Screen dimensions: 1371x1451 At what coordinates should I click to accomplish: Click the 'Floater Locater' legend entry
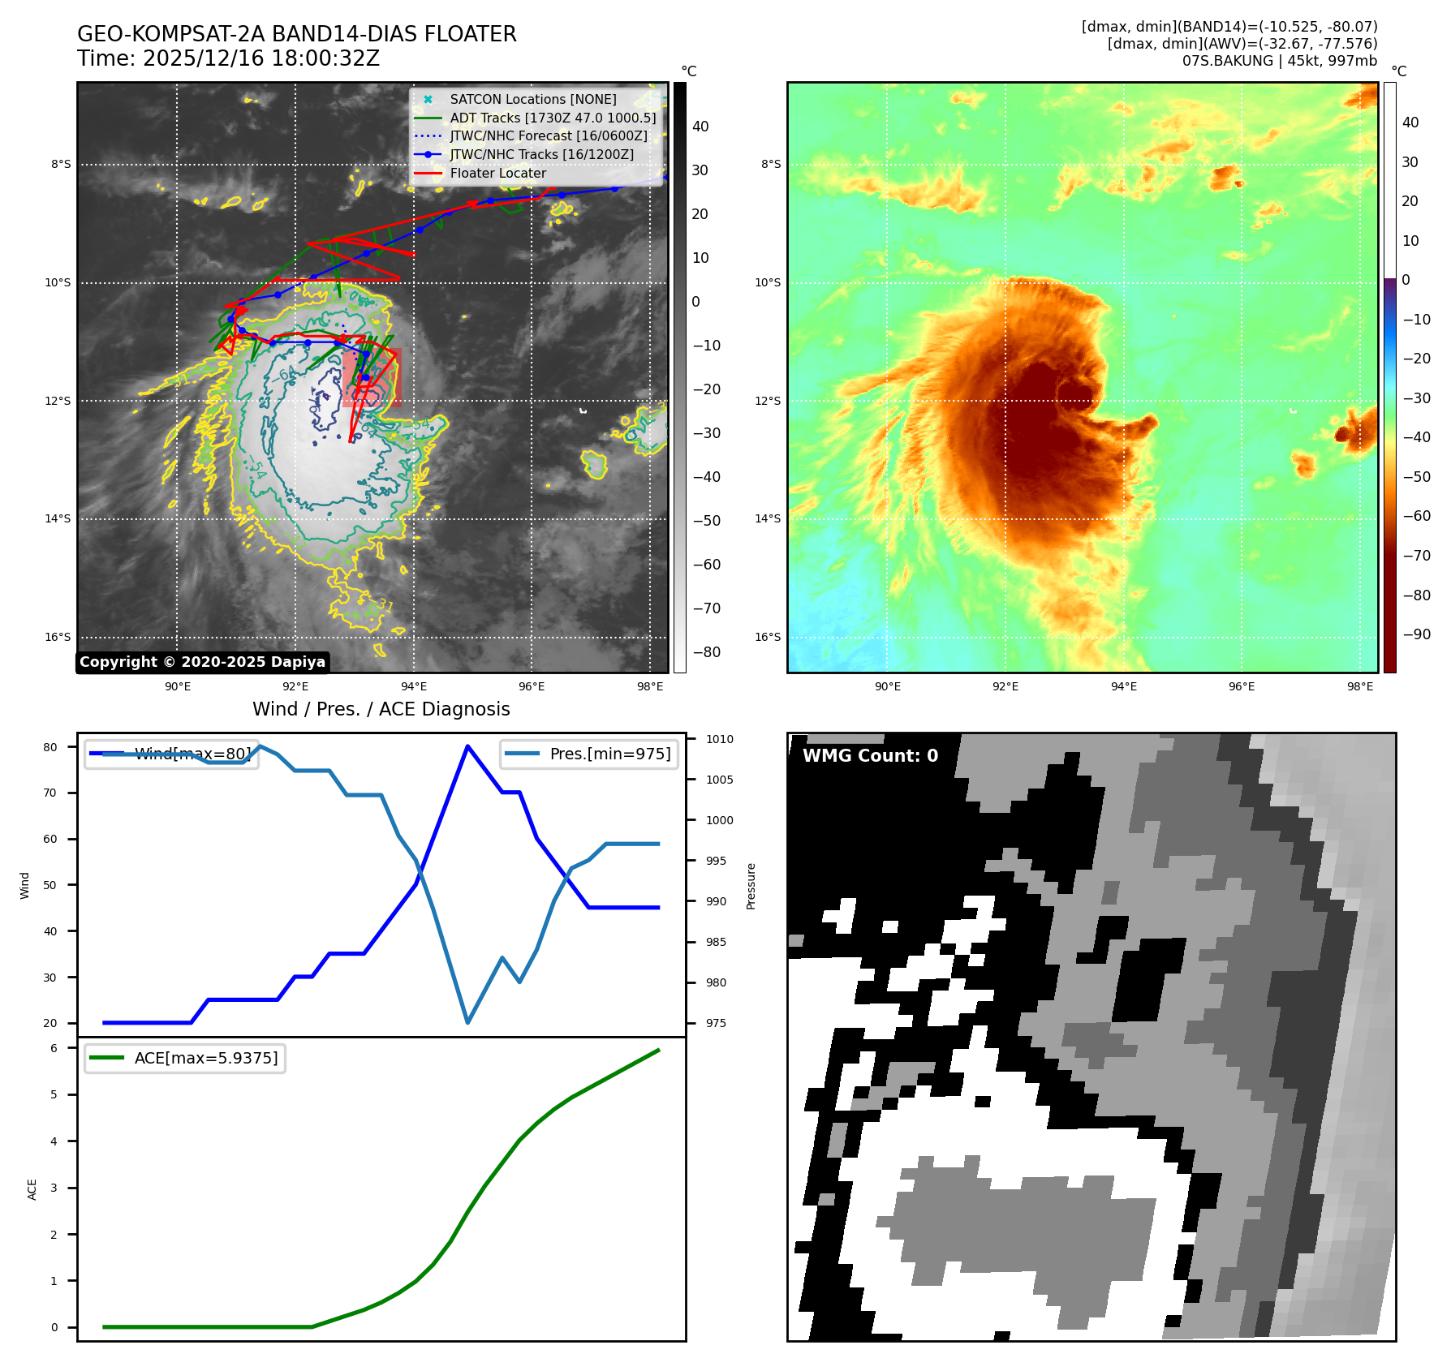(x=497, y=173)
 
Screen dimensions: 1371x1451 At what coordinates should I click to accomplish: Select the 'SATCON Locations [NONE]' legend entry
(x=532, y=99)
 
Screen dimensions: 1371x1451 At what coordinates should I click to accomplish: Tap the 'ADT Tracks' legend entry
(x=553, y=118)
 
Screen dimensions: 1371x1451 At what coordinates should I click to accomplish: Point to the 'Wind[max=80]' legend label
(x=192, y=754)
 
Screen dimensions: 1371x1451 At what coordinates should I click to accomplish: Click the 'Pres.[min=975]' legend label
(x=609, y=754)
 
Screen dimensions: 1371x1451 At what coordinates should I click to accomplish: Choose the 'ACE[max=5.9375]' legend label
(x=206, y=1058)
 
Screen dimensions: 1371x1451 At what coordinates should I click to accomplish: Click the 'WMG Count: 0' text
(x=870, y=756)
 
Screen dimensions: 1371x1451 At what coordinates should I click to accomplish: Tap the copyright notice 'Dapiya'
(x=202, y=662)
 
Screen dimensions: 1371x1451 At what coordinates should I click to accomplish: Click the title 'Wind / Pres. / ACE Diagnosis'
(x=381, y=709)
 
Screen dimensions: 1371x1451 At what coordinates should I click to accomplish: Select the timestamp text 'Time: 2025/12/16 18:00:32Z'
(x=228, y=58)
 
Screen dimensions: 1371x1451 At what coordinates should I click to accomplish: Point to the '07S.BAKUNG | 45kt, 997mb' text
(x=1279, y=61)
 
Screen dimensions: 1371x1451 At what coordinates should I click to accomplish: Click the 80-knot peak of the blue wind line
(x=467, y=746)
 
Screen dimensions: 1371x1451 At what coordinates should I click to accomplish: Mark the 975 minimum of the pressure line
(x=467, y=1022)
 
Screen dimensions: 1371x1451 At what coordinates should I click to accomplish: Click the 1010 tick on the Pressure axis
(x=719, y=739)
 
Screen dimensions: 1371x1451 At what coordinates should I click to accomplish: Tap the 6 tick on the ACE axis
(x=54, y=1048)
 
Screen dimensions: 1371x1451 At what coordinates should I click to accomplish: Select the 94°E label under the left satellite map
(x=414, y=686)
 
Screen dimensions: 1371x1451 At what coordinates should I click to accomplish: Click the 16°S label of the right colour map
(x=768, y=637)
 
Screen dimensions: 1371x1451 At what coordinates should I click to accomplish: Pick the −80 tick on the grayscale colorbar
(x=706, y=652)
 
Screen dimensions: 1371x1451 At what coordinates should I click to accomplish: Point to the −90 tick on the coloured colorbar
(x=1416, y=634)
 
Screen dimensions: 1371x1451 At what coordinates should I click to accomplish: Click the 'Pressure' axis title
(x=751, y=886)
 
